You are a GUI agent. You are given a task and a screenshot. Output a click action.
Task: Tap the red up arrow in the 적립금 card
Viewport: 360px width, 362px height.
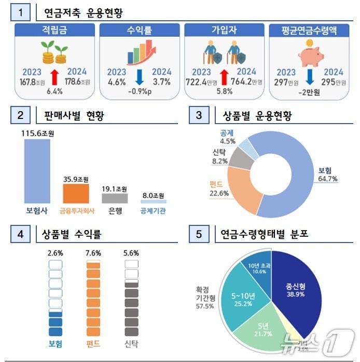pyautogui.click(x=54, y=76)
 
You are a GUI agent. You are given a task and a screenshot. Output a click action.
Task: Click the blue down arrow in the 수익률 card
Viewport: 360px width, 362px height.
pyautogui.click(x=139, y=76)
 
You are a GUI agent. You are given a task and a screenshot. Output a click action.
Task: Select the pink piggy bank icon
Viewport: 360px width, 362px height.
pyautogui.click(x=309, y=52)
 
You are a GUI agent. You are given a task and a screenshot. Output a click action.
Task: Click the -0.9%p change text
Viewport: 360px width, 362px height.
pyautogui.click(x=139, y=92)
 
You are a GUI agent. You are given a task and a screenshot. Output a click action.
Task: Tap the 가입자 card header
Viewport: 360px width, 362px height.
pyautogui.click(x=225, y=30)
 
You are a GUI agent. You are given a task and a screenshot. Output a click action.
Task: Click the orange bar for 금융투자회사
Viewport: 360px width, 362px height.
pyautogui.click(x=76, y=193)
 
